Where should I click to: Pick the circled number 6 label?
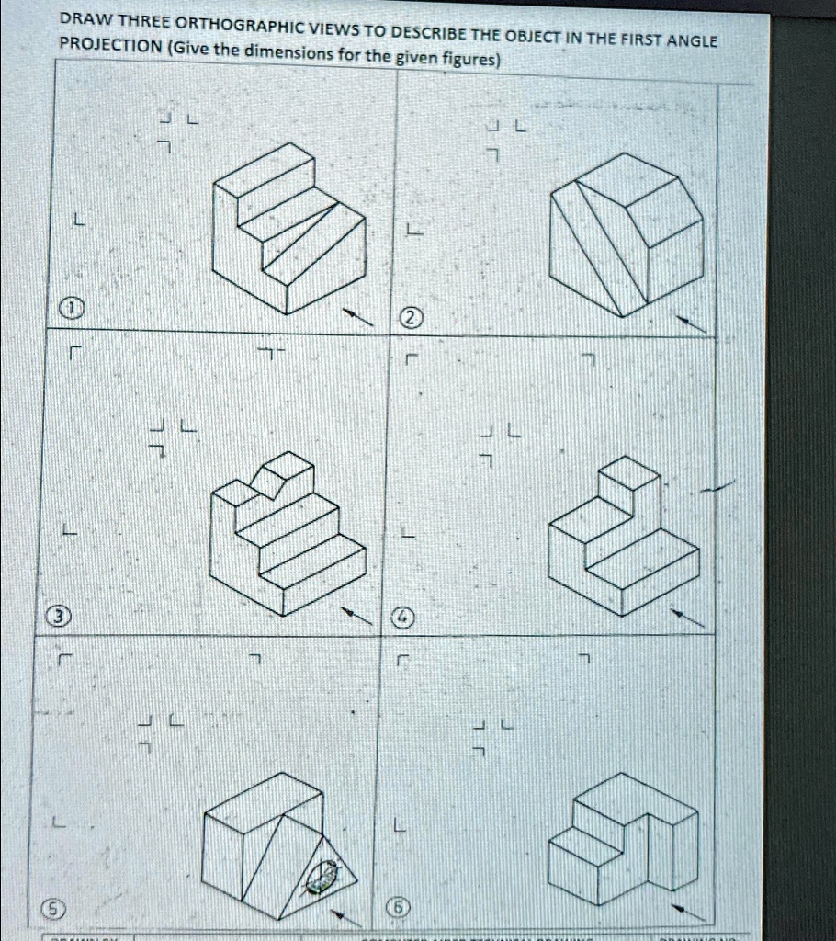point(401,910)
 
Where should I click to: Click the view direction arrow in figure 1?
point(359,317)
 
